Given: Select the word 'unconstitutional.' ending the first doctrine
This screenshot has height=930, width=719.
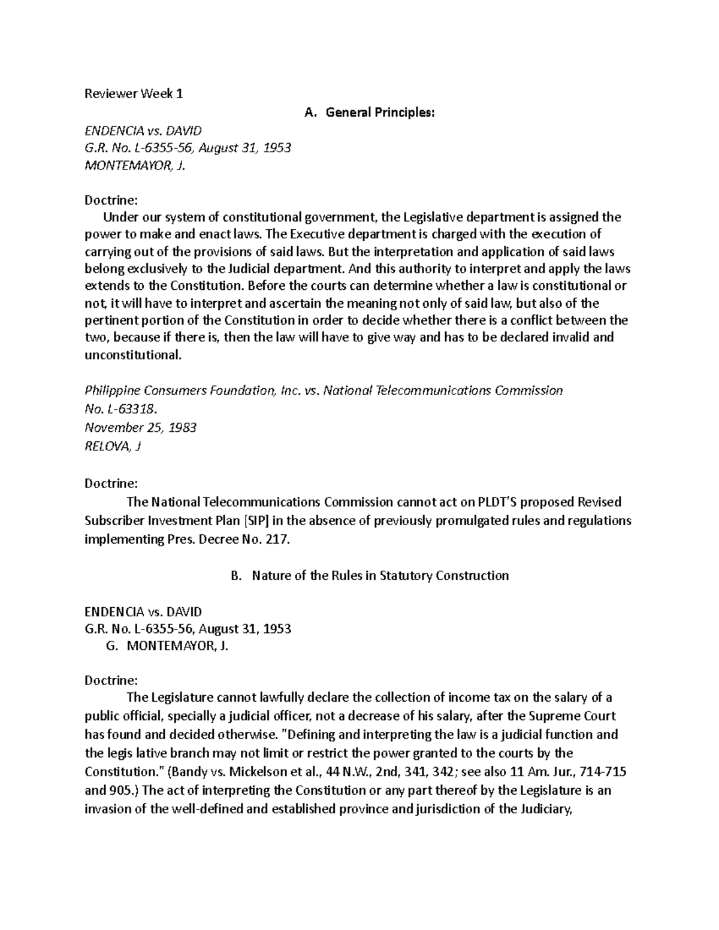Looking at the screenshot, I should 132,355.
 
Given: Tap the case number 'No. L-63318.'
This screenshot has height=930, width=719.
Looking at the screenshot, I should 121,409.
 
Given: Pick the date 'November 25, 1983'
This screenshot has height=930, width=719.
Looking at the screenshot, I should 141,428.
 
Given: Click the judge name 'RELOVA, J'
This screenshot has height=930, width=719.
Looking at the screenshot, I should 113,446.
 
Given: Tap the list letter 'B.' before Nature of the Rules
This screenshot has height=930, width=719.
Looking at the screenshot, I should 235,575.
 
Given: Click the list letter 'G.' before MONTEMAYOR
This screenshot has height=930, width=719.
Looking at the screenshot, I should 110,646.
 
